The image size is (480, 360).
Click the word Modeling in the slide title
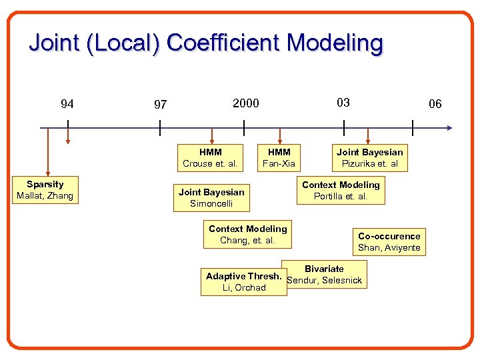(x=335, y=43)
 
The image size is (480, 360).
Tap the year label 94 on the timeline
(x=67, y=103)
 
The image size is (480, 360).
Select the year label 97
(x=160, y=105)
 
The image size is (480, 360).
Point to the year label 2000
(x=245, y=103)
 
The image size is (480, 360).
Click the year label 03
(x=343, y=102)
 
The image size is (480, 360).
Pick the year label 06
(x=435, y=103)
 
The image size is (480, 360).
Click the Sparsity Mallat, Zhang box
(x=45, y=190)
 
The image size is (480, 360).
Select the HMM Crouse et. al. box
(x=210, y=158)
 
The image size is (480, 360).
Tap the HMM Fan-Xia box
(x=279, y=158)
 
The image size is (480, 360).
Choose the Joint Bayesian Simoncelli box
(x=211, y=198)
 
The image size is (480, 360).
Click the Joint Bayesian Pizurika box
(x=369, y=158)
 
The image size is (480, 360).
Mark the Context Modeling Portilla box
(x=341, y=191)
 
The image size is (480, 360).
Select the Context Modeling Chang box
(x=247, y=235)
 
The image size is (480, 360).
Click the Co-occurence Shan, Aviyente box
(x=389, y=242)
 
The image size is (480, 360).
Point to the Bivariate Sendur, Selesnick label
(x=324, y=275)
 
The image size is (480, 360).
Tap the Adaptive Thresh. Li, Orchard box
(x=243, y=282)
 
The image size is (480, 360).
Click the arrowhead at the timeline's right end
(x=449, y=127)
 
